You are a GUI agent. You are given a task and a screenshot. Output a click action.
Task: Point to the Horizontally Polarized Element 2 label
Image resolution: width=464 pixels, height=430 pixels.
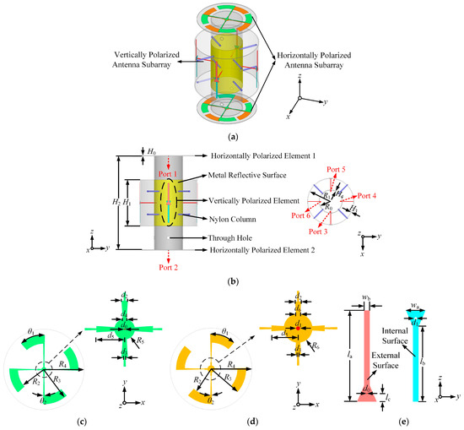(x=262, y=250)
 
